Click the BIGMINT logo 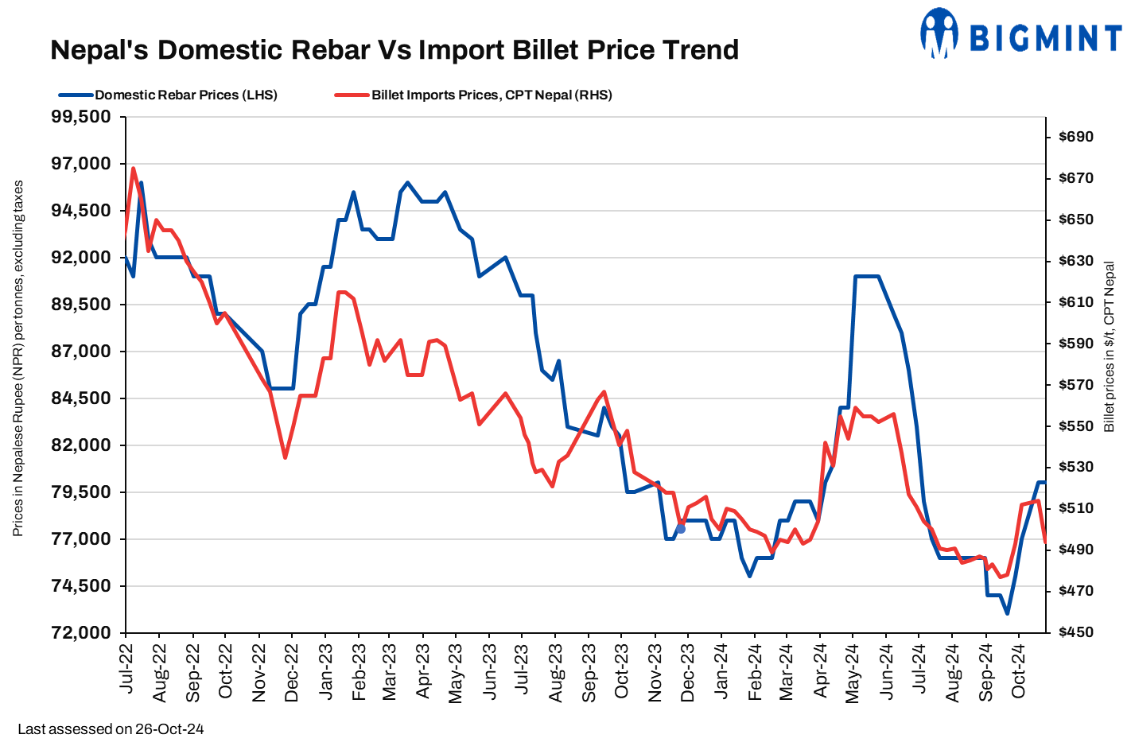pos(1020,35)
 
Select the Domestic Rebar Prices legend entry pos(186,95)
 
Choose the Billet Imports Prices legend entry pos(492,95)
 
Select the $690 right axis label pos(1076,137)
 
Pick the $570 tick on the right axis pos(1076,385)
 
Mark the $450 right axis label pos(1076,632)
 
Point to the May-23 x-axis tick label pos(456,672)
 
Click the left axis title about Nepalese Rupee pos(18,358)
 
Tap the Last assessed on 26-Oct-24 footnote pos(111,729)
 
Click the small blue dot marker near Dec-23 pos(681,529)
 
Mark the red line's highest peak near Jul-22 pos(133,169)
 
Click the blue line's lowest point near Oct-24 pos(1007,613)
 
